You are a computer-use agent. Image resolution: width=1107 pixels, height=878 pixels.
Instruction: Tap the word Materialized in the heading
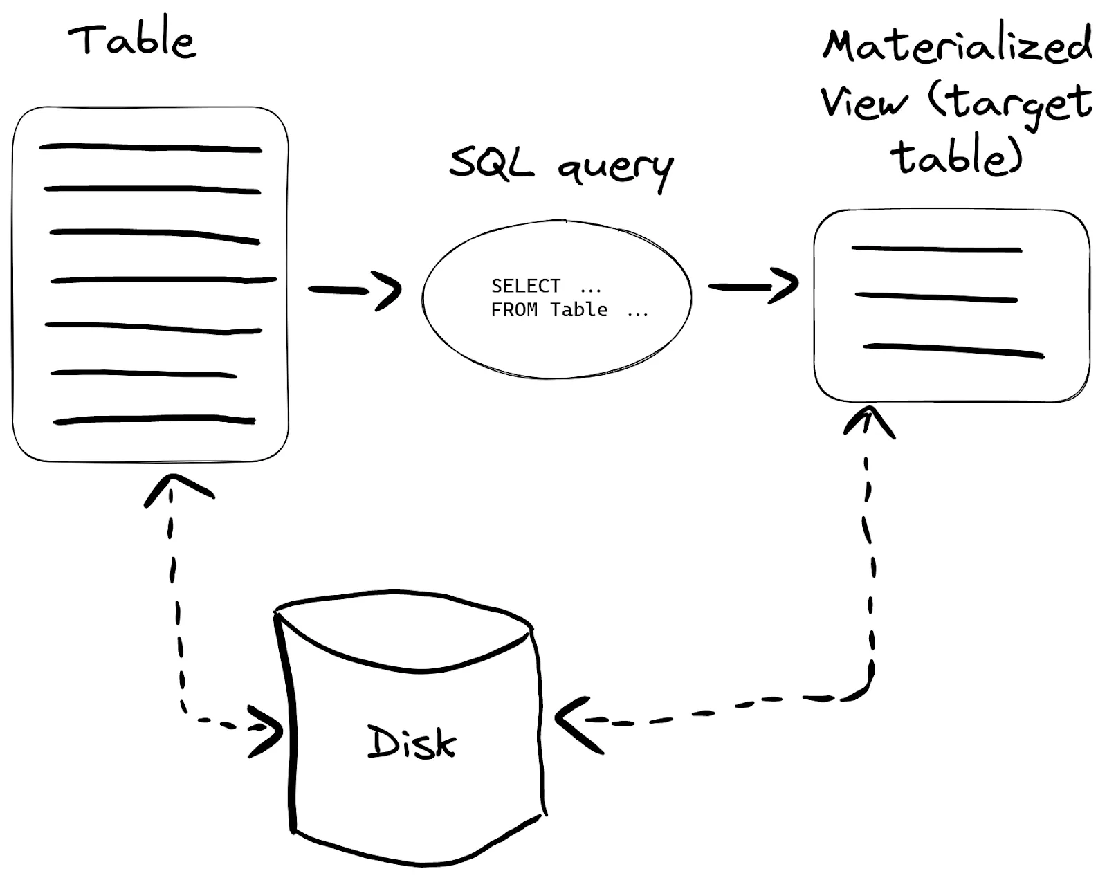click(x=957, y=45)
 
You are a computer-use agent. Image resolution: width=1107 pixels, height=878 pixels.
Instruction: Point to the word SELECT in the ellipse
click(x=525, y=286)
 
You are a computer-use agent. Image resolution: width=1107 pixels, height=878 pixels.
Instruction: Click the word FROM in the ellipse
click(x=514, y=310)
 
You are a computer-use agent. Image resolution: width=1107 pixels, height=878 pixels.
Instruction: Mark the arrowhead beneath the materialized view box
click(x=868, y=419)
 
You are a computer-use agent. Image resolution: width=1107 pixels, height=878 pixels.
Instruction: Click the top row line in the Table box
click(x=150, y=147)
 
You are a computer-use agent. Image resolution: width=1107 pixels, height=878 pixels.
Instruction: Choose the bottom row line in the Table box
click(x=154, y=419)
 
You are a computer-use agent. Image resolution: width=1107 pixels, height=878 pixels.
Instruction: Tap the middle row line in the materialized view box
click(x=935, y=298)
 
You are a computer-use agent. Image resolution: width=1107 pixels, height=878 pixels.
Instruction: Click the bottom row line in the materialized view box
click(x=953, y=350)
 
